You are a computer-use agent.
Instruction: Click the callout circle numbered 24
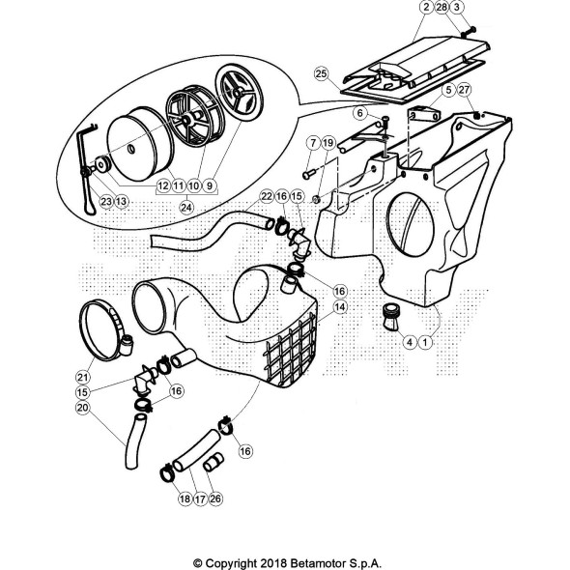click(186, 208)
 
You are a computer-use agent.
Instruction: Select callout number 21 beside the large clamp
click(83, 377)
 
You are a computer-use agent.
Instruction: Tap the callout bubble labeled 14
click(340, 307)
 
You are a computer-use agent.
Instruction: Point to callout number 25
click(321, 73)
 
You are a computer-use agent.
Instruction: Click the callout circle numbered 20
click(83, 408)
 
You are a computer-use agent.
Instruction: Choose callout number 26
click(215, 499)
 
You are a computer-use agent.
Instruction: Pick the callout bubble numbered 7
click(313, 143)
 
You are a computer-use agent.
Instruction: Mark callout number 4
click(410, 342)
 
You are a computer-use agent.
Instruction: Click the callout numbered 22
click(267, 196)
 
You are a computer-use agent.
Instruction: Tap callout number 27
click(465, 90)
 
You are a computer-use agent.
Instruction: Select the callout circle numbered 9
click(210, 186)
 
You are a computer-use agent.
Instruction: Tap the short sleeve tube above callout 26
click(212, 462)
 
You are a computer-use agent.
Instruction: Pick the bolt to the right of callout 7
click(309, 175)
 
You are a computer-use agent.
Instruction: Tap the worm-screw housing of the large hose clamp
click(127, 345)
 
